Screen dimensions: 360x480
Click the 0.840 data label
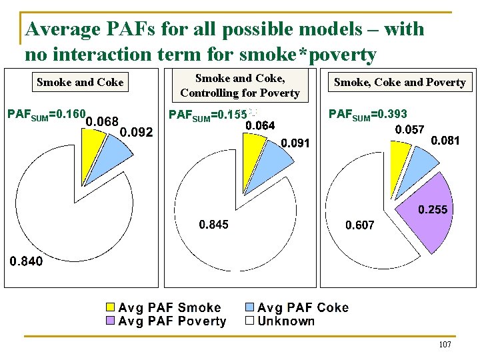25,261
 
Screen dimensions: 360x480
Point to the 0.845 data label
213,225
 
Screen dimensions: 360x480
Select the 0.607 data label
359,225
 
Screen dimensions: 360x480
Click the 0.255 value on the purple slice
433,210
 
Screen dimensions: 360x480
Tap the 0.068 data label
103,121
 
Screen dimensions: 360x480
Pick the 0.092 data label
135,132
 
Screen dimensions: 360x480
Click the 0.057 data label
410,129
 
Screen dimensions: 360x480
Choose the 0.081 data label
445,141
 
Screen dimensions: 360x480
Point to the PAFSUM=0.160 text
45,114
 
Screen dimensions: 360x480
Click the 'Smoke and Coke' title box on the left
80,83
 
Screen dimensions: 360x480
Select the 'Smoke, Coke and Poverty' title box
399,83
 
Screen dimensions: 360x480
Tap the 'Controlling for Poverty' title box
240,87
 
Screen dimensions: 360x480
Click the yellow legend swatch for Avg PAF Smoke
111,308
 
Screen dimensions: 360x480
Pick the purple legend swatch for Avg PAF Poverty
111,321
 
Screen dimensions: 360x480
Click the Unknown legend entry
279,321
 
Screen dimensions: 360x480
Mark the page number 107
445,345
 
